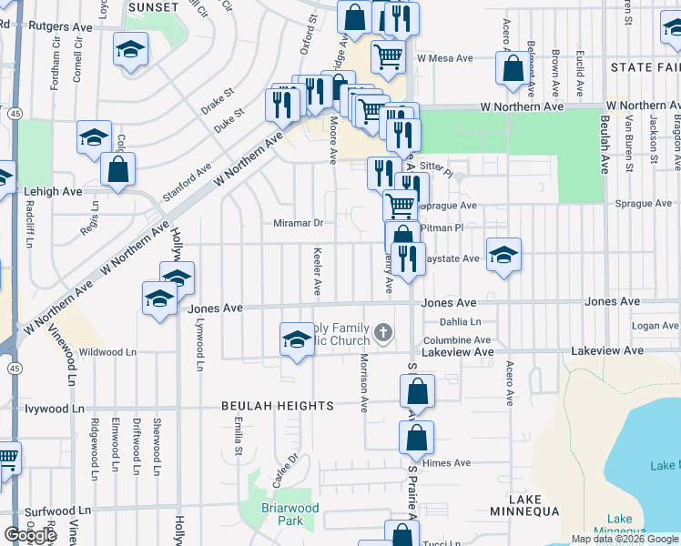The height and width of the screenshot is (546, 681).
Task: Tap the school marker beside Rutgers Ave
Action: point(131,48)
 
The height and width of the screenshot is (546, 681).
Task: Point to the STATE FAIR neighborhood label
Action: point(645,67)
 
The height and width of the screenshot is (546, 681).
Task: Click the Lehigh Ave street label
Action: point(57,192)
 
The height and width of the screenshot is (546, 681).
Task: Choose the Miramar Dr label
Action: point(298,223)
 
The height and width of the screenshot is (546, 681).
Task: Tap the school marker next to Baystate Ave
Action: point(502,255)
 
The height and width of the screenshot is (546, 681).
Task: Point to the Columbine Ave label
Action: point(458,339)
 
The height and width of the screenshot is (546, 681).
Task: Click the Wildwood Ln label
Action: point(107,351)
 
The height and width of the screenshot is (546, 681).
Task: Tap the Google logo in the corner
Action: point(30,535)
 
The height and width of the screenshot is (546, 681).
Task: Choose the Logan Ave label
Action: point(655,325)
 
